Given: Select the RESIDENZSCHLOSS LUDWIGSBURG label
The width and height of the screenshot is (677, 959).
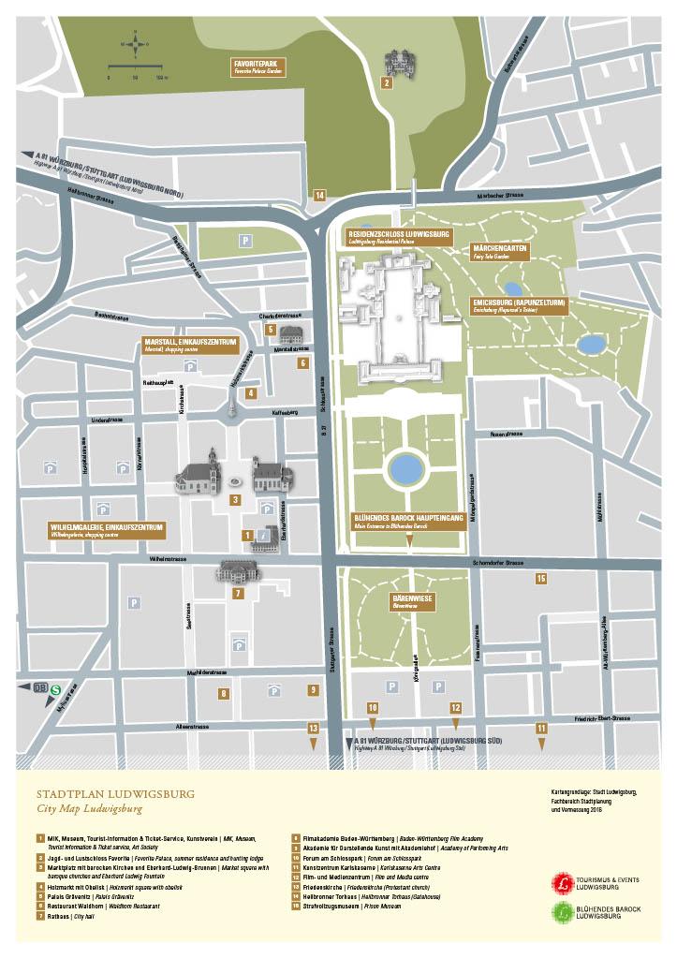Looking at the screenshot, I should (399, 235).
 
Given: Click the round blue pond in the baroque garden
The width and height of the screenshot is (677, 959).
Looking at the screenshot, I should (405, 467).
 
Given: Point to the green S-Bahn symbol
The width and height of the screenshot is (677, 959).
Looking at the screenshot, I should (55, 688).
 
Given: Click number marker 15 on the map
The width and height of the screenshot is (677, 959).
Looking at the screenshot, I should (540, 579).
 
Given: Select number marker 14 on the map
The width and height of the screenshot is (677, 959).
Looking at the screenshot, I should (319, 195).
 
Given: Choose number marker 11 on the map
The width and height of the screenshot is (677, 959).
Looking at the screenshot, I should (540, 728).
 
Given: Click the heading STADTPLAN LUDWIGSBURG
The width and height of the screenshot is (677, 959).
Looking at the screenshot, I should (115, 792).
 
